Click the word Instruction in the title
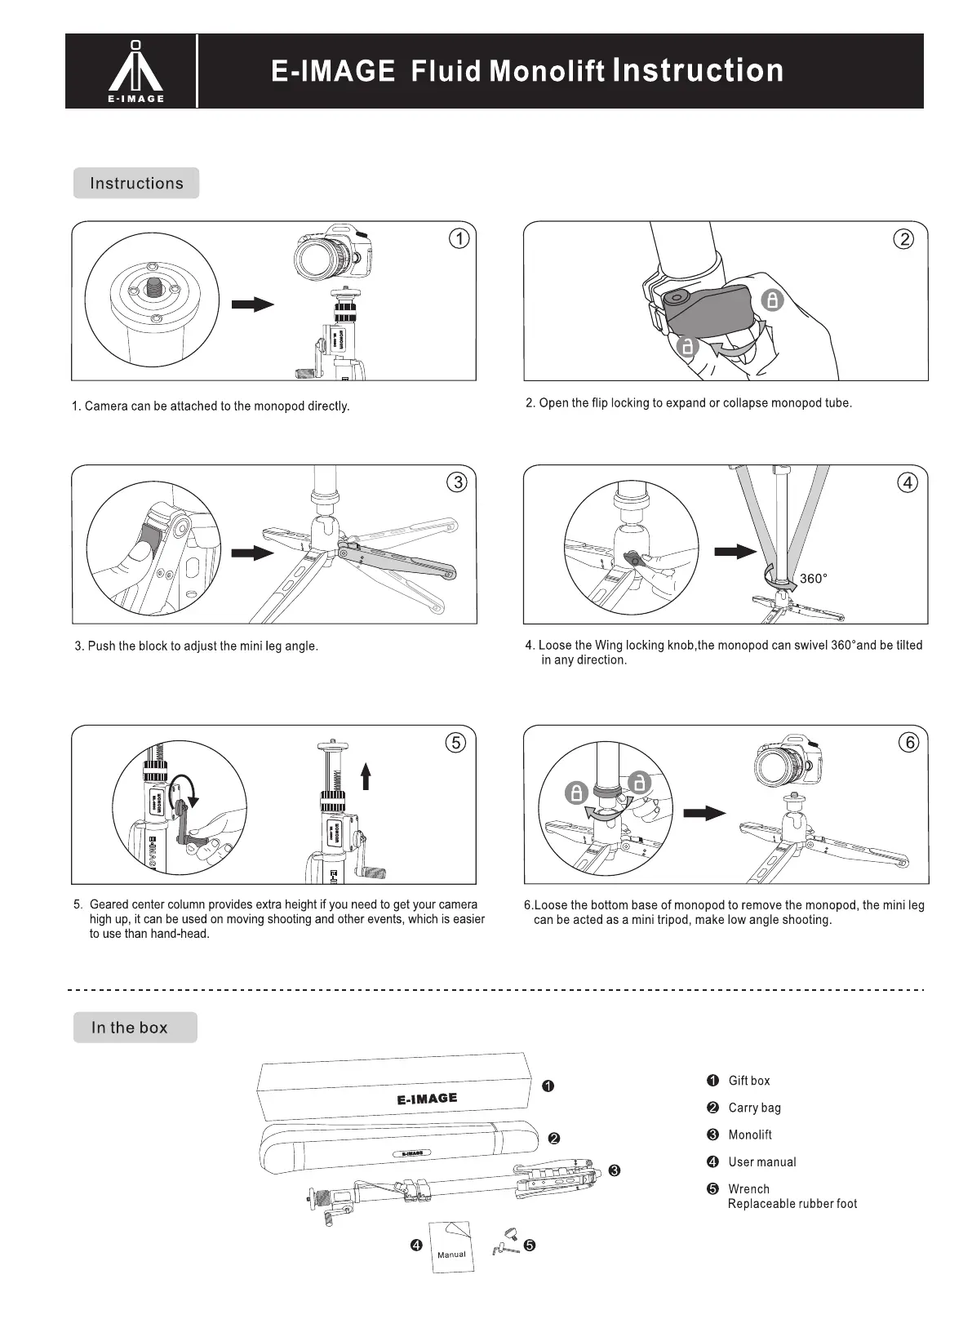coord(698,71)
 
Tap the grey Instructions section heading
coord(136,183)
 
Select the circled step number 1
coord(459,239)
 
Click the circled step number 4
coord(908,482)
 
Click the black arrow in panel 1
coord(252,304)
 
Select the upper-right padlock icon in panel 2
coord(772,300)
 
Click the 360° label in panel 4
coord(814,579)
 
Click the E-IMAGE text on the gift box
coord(427,1099)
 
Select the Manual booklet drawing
coord(450,1246)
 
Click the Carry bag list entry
coord(754,1108)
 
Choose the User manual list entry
coord(761,1161)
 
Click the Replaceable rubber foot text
coord(792,1204)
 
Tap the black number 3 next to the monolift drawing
coord(615,1170)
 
